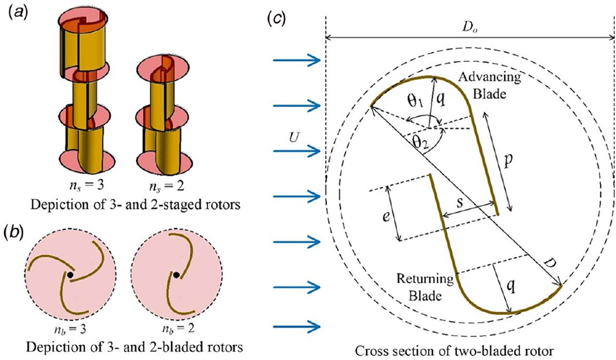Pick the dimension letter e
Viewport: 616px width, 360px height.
tap(386, 217)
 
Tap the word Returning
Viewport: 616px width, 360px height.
tap(425, 279)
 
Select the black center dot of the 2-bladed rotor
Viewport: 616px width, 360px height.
tap(177, 275)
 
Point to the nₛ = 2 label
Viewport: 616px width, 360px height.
tap(167, 186)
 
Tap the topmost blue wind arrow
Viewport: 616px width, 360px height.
tap(297, 60)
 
